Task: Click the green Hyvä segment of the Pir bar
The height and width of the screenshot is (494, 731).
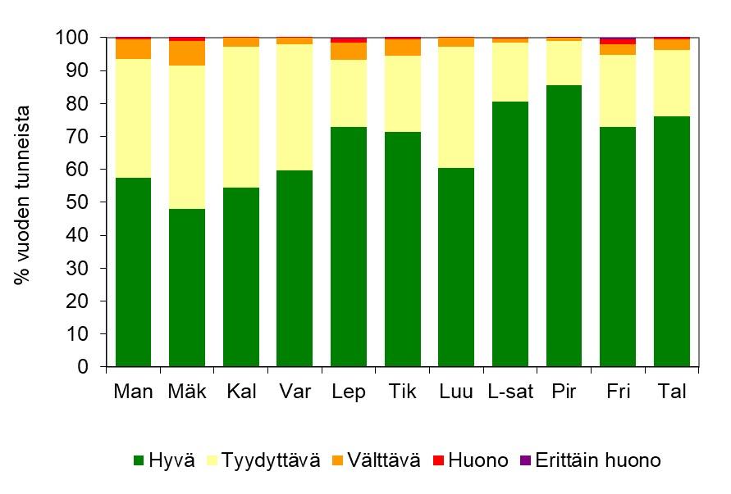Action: [564, 226]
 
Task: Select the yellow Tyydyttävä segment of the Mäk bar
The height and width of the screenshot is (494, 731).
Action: [187, 137]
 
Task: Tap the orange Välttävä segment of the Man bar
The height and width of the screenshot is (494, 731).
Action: [133, 49]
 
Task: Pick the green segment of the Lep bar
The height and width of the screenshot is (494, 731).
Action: [349, 247]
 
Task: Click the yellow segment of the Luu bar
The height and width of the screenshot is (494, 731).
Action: [456, 107]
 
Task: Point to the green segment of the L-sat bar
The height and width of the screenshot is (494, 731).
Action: [510, 234]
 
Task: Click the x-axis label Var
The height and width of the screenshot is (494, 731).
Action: [295, 392]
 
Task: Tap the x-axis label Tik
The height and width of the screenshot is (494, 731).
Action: [402, 392]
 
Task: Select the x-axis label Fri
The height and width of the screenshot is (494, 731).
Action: [618, 392]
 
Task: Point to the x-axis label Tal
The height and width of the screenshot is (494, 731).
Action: [672, 392]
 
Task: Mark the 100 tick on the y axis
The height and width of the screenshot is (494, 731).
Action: [82, 38]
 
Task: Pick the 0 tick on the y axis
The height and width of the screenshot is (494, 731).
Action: [92, 367]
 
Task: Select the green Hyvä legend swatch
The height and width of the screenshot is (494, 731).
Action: [139, 460]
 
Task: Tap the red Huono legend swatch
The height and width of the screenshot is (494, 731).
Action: [438, 460]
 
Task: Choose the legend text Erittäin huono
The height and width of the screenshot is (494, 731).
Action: [598, 460]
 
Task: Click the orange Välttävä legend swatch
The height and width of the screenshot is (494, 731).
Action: [334, 460]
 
